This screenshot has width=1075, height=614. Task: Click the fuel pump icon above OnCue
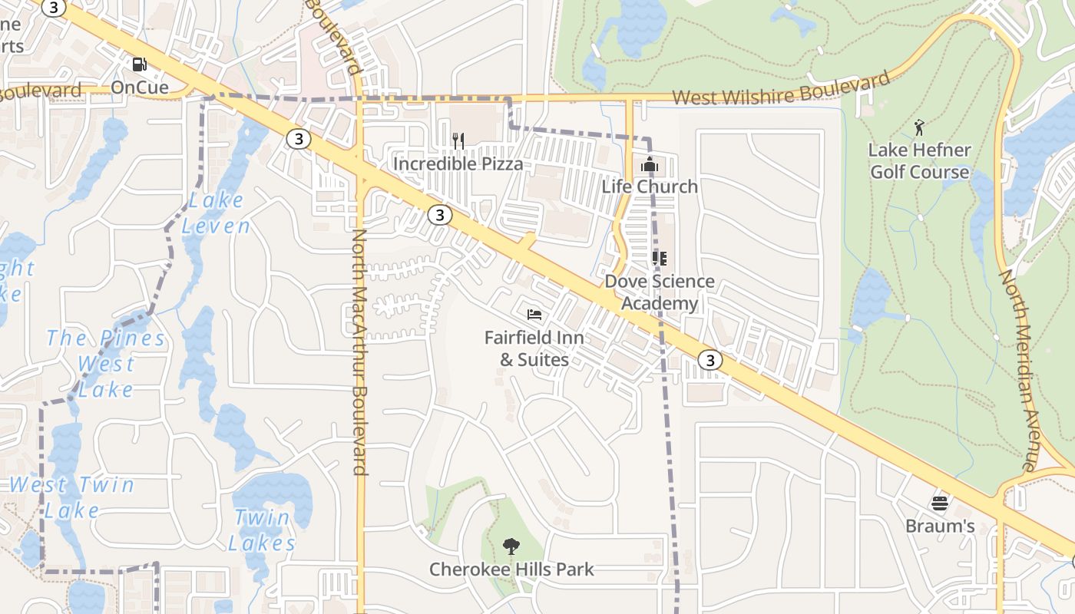tap(140, 65)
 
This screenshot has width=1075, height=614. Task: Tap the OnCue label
tap(140, 87)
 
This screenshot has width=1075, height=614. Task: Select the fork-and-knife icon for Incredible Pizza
tap(458, 140)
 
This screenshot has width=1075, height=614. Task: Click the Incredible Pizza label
tap(458, 163)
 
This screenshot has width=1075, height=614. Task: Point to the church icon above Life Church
tap(649, 164)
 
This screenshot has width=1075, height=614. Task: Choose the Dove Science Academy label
tap(660, 292)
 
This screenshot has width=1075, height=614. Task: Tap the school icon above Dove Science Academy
tap(659, 259)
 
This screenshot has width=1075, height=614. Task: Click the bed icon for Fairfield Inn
tap(534, 315)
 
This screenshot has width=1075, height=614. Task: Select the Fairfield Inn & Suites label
tap(534, 348)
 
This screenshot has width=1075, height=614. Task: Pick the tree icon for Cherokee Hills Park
tap(511, 546)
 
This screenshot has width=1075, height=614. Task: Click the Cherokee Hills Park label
tap(511, 569)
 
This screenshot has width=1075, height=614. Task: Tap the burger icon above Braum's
tap(940, 503)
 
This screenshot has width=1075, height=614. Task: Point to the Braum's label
tap(940, 526)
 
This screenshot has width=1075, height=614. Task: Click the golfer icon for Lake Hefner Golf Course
tap(919, 127)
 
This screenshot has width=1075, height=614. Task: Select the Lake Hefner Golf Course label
tap(919, 160)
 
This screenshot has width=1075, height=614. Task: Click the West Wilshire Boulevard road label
tap(781, 89)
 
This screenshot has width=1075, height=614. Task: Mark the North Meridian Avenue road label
tap(1018, 369)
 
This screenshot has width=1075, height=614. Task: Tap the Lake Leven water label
tap(216, 213)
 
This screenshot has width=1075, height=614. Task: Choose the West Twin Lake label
tap(71, 497)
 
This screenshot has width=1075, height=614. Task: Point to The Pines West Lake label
tap(106, 363)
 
